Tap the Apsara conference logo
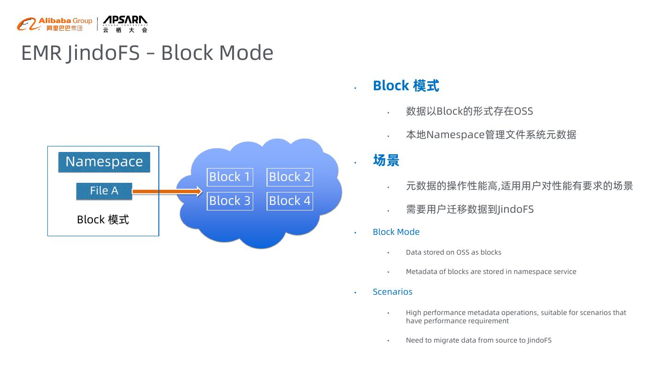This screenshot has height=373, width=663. (125, 24)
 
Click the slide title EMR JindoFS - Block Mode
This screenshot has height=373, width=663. (147, 52)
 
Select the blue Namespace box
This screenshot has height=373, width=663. (104, 162)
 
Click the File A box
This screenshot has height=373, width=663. (104, 191)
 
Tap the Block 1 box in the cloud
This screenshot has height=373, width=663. (230, 177)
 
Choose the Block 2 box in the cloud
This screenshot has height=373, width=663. (290, 177)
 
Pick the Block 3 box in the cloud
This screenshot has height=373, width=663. (230, 201)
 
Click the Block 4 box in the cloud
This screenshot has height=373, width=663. (290, 201)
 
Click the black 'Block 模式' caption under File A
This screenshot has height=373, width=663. (103, 220)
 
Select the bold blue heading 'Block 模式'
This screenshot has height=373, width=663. (406, 86)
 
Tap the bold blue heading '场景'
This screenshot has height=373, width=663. (386, 160)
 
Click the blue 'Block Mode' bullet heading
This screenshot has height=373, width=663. (396, 232)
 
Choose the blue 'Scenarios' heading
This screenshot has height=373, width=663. (392, 292)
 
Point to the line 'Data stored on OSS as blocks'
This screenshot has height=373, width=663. (453, 252)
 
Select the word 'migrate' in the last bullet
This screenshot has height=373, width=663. (445, 340)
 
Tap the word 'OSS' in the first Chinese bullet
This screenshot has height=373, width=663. (523, 111)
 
